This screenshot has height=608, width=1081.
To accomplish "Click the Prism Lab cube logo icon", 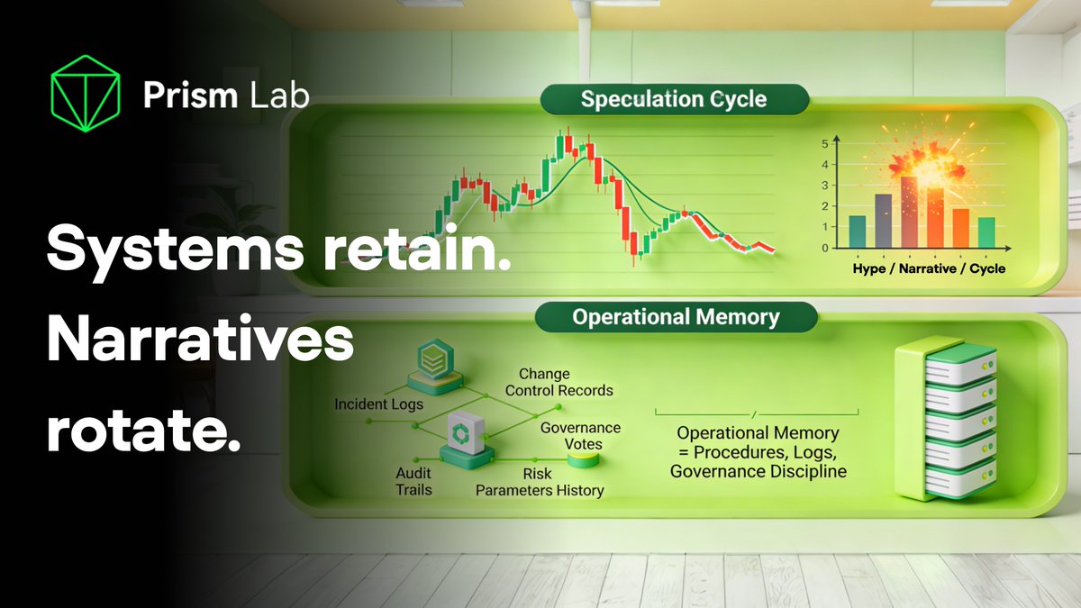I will point(86,94).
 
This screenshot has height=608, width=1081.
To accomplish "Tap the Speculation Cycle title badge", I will point(674,99).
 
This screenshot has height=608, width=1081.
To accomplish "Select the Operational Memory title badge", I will point(677,317).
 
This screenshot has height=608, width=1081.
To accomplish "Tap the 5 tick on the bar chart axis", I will point(825,144).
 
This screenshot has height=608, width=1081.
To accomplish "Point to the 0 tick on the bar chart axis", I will point(825,248).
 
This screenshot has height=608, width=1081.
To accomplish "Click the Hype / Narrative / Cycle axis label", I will point(929,268).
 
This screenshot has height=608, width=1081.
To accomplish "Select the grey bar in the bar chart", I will point(883,221).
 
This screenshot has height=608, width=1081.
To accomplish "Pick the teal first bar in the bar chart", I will point(858,231).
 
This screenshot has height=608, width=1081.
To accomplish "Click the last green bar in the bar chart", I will point(986,231).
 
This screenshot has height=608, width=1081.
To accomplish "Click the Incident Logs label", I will point(378,404).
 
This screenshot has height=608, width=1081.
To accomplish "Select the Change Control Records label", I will point(559,382).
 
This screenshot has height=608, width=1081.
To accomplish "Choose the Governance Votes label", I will point(580,435).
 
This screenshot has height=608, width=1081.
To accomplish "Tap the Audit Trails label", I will point(414,481).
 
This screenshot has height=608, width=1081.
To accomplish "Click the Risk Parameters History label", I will point(540,482).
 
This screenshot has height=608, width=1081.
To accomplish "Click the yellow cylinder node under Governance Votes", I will point(585,459).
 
